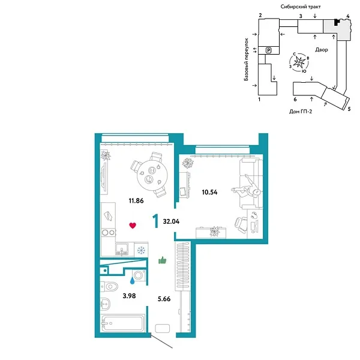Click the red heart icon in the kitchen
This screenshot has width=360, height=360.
click(133, 226)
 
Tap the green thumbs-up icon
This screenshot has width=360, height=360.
click(161, 260)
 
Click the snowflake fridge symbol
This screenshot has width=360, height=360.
click(142, 250)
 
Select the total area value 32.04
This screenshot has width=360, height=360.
click(170, 221)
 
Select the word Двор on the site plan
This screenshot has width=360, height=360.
click(320, 50)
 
